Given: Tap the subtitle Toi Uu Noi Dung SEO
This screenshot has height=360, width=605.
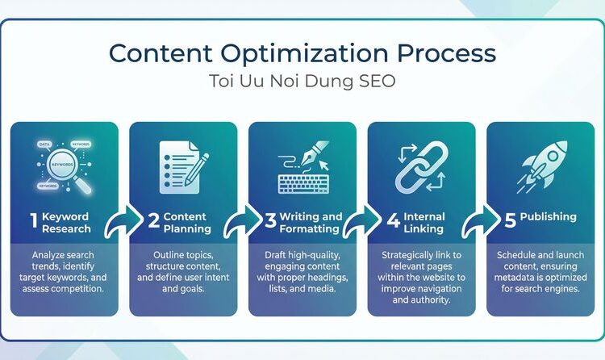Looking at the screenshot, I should [302, 83].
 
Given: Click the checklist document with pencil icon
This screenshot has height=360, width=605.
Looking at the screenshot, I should [182, 166].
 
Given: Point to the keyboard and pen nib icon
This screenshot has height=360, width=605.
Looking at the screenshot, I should [302, 167].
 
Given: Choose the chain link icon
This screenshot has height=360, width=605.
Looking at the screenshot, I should [421, 167].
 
